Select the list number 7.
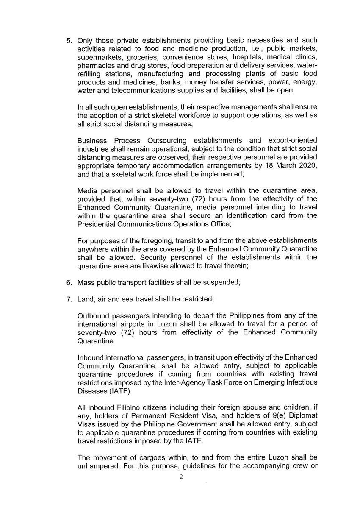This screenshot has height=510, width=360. pos(69,299)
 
